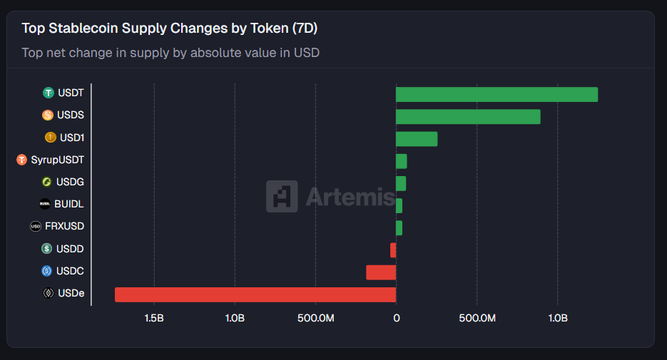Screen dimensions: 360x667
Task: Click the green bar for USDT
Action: [x=497, y=94]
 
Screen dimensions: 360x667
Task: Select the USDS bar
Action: [x=468, y=116]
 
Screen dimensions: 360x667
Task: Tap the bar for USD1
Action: [x=417, y=139]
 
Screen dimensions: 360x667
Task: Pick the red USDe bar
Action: [x=255, y=294]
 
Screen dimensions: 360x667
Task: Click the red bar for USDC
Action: [x=381, y=272]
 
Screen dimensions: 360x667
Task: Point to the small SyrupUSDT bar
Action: [x=402, y=161]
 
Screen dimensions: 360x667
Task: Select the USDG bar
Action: [x=401, y=183]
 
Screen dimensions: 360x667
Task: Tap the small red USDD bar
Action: [x=393, y=250]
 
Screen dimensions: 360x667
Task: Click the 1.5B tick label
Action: [x=154, y=318]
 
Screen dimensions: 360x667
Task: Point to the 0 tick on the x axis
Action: [x=396, y=318]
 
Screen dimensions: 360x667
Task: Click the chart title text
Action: [x=169, y=29]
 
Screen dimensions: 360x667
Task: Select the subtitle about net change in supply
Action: [x=170, y=53]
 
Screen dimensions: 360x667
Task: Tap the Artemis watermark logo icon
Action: [x=282, y=196]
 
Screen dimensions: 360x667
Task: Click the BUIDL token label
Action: [x=69, y=204]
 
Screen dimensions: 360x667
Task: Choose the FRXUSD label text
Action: [x=64, y=227]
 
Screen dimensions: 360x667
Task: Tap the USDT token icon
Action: [x=49, y=93]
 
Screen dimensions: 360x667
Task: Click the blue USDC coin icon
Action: [x=47, y=271]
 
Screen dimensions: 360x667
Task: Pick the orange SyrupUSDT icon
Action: [x=21, y=160]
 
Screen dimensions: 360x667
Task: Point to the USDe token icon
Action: [x=49, y=293]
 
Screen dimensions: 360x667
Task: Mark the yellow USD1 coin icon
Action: [x=51, y=138]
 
